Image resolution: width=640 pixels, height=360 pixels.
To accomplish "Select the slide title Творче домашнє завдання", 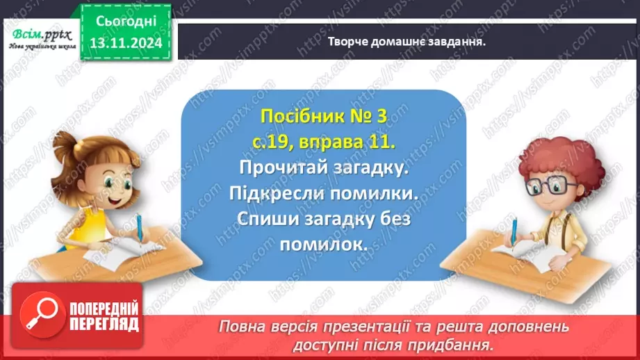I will [x=406, y=40].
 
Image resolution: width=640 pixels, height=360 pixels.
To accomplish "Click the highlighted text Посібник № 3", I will [x=323, y=116].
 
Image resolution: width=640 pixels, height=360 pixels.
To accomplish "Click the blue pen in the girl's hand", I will [x=140, y=229].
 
